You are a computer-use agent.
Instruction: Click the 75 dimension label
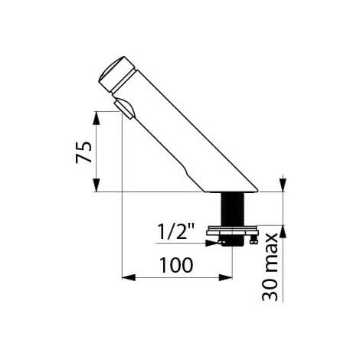(x=83, y=152)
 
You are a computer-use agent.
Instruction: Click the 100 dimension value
(x=176, y=265)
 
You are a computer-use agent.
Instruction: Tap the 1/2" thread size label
(x=176, y=231)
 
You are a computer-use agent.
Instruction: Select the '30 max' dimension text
(x=270, y=267)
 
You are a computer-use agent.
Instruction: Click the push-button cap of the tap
(x=115, y=74)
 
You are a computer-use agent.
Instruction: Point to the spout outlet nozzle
(x=124, y=109)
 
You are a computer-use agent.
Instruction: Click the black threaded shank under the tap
(x=233, y=209)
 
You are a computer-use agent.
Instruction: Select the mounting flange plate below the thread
(x=233, y=231)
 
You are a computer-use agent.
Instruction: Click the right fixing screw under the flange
(x=254, y=240)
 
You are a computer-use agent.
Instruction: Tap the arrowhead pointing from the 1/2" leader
(x=212, y=243)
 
